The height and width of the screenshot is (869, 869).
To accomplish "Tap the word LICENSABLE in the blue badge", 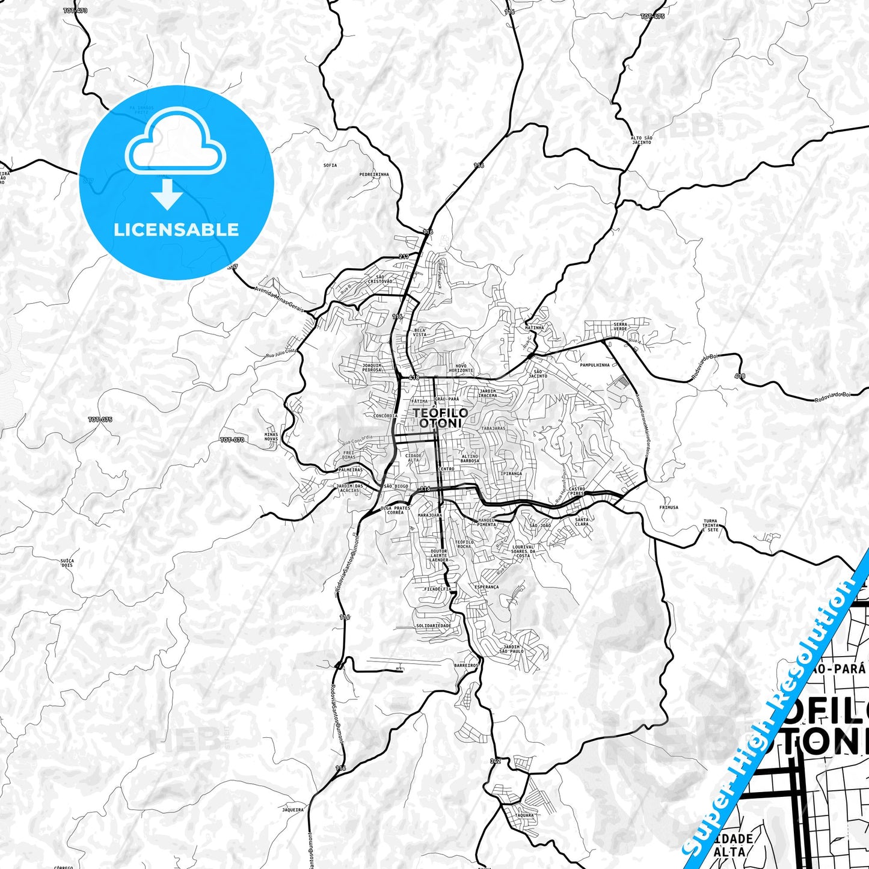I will pyautogui.click(x=176, y=230).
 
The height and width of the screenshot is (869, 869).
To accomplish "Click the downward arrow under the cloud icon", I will pyautogui.click(x=167, y=194).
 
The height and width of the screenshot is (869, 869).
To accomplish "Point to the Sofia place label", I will pyautogui.click(x=330, y=165).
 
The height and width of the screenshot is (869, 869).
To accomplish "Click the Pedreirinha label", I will pyautogui.click(x=374, y=174).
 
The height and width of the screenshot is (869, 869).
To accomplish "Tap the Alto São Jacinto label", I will pyautogui.click(x=641, y=140).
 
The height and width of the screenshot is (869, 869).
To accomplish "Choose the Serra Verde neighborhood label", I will pyautogui.click(x=620, y=327).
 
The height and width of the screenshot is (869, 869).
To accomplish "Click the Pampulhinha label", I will pyautogui.click(x=595, y=365).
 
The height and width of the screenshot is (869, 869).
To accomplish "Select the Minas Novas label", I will pyautogui.click(x=271, y=436).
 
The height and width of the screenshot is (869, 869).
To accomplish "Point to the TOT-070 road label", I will pyautogui.click(x=232, y=440).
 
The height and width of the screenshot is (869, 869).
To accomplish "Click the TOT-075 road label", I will pyautogui.click(x=100, y=419).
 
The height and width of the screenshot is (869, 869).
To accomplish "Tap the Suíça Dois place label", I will pyautogui.click(x=67, y=563).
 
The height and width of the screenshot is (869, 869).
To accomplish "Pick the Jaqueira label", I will pyautogui.click(x=293, y=810).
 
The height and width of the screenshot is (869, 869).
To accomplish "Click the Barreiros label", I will pyautogui.click(x=466, y=665).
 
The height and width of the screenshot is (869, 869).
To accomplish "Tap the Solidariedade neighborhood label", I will pyautogui.click(x=433, y=625).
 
